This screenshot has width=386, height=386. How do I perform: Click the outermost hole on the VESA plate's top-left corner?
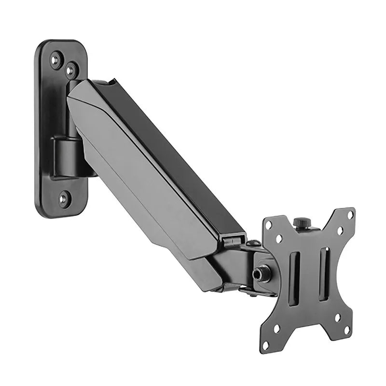268,225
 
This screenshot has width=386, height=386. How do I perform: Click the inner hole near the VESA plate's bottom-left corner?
277,329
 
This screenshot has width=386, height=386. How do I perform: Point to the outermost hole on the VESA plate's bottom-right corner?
347,330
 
